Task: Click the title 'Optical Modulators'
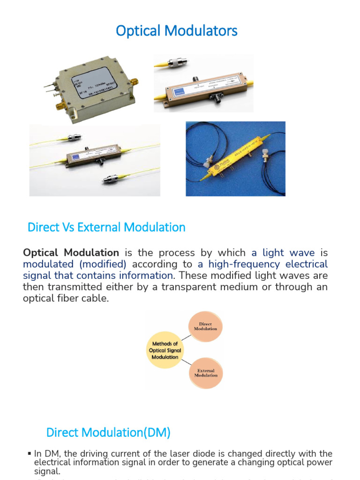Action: point(177,31)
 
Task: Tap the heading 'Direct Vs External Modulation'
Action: point(106,227)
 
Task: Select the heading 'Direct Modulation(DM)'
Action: point(108,433)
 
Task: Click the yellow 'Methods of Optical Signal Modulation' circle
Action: point(164,350)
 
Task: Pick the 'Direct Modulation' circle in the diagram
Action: point(205,326)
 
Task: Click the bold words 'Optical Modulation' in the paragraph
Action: point(71,253)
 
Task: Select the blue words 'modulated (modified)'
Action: point(75,264)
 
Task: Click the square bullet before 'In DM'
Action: point(30,454)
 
